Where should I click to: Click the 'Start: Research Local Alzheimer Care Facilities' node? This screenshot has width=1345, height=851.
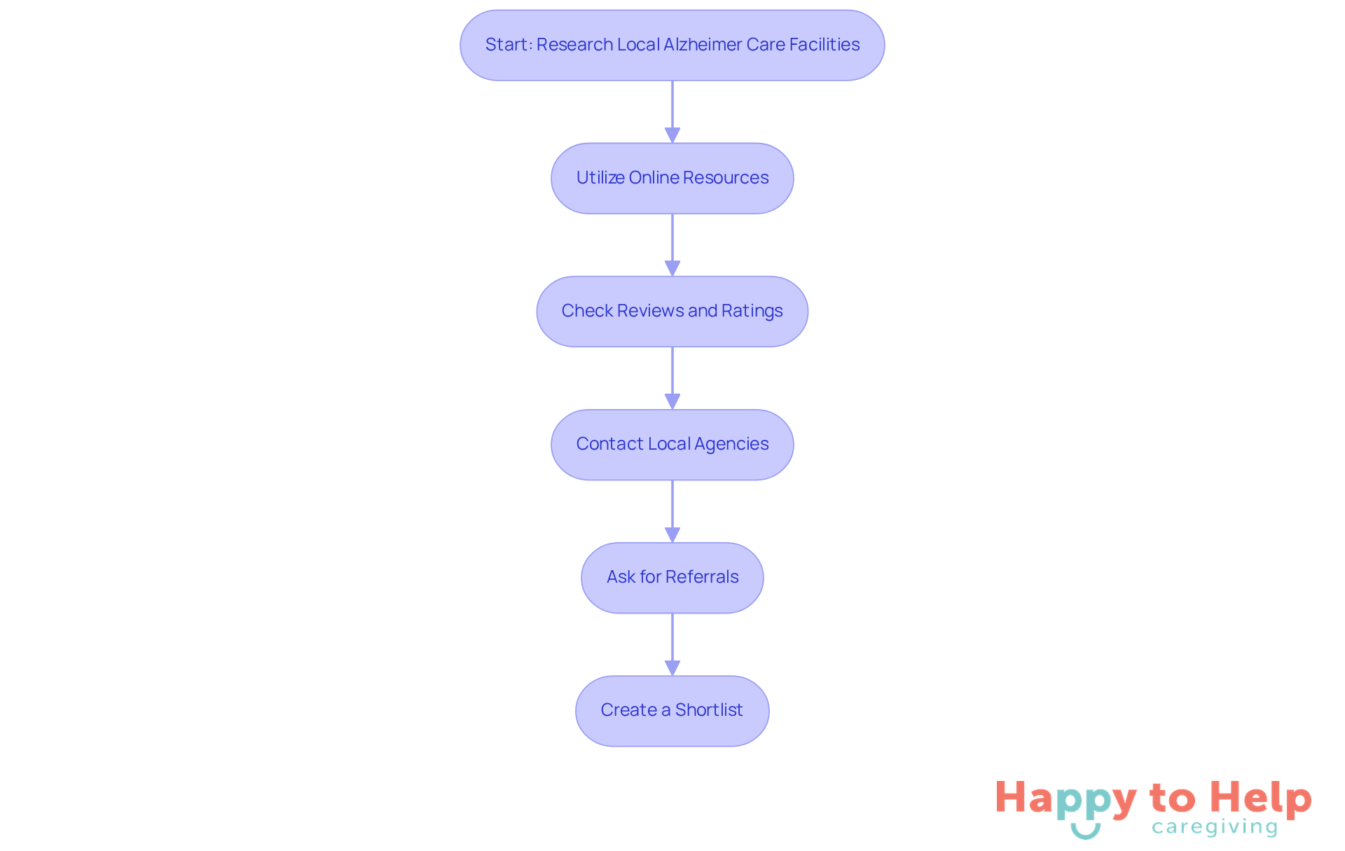tap(672, 45)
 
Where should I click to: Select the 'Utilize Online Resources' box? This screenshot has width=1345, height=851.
tap(672, 178)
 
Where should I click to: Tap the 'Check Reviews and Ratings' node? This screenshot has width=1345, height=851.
tap(672, 311)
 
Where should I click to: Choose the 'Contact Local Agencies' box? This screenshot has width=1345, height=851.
tap(672, 444)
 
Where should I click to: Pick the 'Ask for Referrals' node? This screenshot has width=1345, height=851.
tap(672, 577)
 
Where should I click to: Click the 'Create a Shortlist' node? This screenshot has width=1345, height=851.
tap(672, 710)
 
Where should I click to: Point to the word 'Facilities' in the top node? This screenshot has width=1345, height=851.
tap(825, 45)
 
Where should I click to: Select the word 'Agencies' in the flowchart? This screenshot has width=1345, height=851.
tap(731, 444)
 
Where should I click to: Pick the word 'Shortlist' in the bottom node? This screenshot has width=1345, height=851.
tap(709, 710)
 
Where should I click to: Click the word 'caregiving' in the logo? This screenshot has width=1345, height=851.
tap(1215, 827)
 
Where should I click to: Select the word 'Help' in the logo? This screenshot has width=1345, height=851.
tap(1260, 798)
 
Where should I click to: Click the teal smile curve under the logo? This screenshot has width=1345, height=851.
tap(1085, 831)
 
